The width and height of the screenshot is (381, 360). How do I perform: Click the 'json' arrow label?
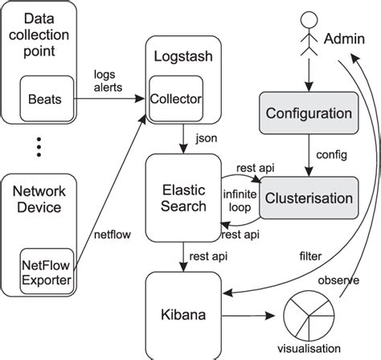click(x=207, y=138)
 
